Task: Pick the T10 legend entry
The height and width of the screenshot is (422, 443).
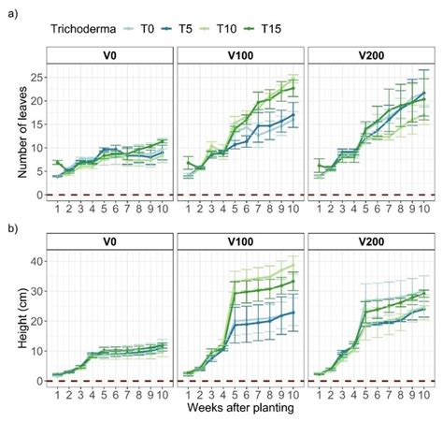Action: [x=246, y=29]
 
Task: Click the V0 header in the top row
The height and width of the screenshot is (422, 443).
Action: [x=109, y=55]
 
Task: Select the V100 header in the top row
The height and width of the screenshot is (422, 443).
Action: [x=240, y=55]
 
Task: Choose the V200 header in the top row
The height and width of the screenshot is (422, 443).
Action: [x=371, y=55]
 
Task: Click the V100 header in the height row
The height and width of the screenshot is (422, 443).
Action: [x=240, y=242]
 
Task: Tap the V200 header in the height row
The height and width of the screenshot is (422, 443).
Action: [x=371, y=242]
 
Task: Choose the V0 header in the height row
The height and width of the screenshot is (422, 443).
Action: [x=109, y=242]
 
